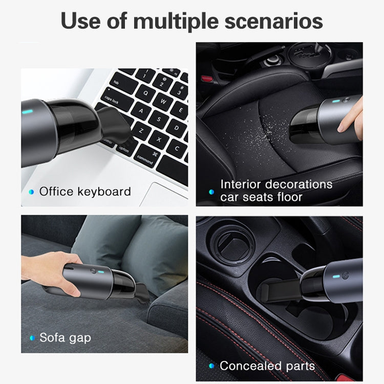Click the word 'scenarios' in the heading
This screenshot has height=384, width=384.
273,21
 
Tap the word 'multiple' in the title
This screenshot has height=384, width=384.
176,21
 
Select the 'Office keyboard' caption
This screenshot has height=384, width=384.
85,192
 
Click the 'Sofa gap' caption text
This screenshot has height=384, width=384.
65,338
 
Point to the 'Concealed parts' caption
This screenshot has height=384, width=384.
267,366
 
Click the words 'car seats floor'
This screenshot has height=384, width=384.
261,197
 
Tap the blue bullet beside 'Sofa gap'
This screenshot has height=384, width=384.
32,338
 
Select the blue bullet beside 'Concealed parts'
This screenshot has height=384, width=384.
211,366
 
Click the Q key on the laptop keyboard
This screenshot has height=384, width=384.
145,94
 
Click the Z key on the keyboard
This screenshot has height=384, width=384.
141,131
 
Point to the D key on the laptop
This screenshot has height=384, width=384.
176,128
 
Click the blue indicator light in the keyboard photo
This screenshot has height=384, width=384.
27,112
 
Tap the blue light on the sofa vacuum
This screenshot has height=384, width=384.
101,271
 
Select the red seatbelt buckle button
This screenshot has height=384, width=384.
207,79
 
